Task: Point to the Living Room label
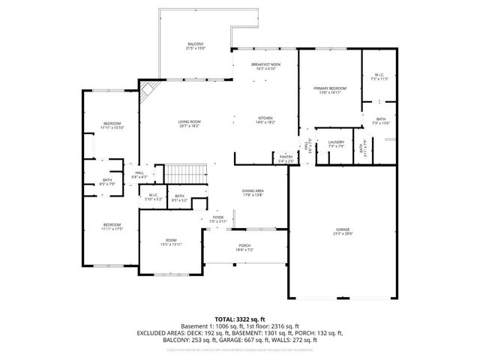tap(189, 123)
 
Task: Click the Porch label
tap(245, 246)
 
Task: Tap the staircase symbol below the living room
tap(184, 174)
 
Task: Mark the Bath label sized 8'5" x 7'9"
tap(108, 181)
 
